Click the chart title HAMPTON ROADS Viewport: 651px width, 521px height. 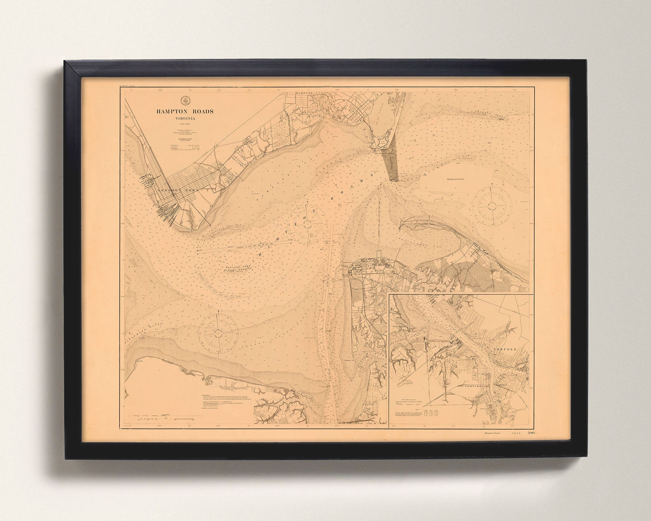coord(185,111)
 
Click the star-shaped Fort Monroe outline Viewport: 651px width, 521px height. coord(382,142)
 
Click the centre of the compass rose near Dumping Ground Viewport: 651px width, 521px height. coord(492,206)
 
